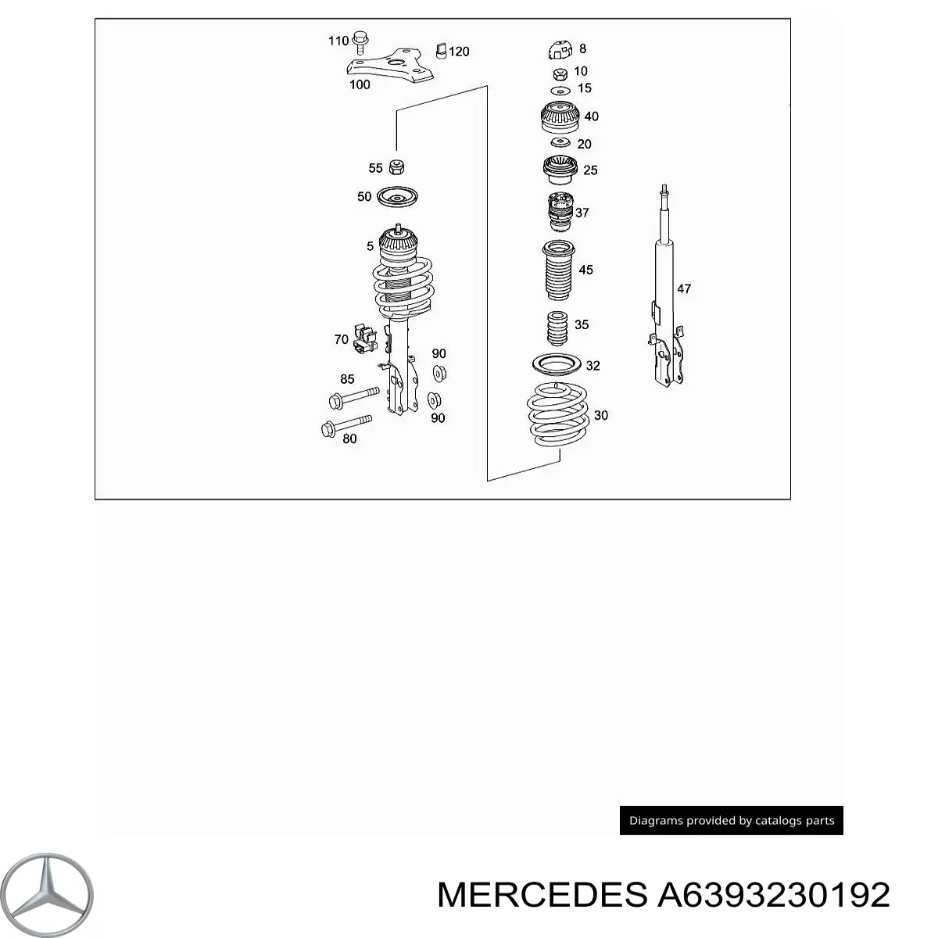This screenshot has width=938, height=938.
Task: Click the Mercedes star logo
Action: [x=47, y=894]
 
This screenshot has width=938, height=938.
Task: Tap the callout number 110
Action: [x=338, y=41]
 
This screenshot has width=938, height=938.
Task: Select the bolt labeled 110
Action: [x=360, y=42]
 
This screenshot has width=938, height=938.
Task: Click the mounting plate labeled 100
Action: [x=390, y=66]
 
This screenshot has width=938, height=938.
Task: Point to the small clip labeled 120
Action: [x=441, y=51]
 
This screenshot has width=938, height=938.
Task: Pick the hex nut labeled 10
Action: [x=560, y=74]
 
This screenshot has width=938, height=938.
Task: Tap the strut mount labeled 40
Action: [x=560, y=117]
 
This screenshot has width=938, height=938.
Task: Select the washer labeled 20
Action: [x=560, y=142]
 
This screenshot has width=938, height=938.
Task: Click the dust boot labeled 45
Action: [x=558, y=270]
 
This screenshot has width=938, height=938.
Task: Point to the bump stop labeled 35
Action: [x=558, y=328]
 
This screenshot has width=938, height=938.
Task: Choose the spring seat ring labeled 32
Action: [x=557, y=364]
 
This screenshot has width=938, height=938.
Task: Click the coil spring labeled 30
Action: [x=558, y=414]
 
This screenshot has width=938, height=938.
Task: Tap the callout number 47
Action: [x=684, y=288]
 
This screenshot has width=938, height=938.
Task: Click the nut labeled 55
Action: [x=397, y=167]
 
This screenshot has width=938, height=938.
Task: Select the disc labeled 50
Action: [x=397, y=198]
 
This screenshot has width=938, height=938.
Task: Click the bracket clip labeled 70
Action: [x=365, y=338]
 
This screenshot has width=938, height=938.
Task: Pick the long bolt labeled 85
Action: [x=354, y=398]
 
